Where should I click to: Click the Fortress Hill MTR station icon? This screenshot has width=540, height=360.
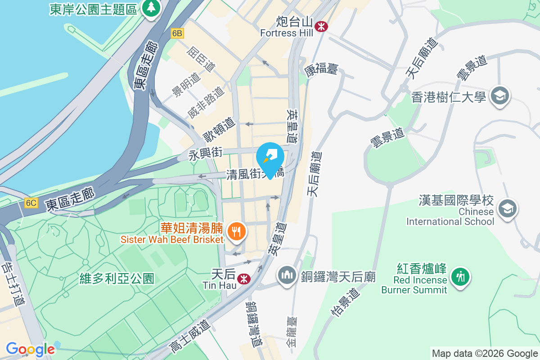coord(321,26)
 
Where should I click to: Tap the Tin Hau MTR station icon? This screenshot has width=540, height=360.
coord(244,279)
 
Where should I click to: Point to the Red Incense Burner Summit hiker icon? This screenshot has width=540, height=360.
coord(460,275)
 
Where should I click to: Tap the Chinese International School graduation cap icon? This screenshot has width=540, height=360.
coord(508,209)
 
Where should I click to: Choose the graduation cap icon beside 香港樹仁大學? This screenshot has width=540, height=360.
coord(499,96)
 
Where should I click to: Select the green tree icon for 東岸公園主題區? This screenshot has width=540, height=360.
coord(151,8)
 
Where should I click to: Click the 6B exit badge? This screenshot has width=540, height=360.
coord(177,33)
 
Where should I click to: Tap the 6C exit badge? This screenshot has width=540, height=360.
coord(31,203)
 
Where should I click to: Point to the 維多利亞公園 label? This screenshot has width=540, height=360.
coord(117,279)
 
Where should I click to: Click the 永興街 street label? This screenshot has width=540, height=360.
coord(205,154)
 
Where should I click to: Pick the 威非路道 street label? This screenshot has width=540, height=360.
coord(206,102)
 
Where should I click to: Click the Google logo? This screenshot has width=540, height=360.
coord(30,349)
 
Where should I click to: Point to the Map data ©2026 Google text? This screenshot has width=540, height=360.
coord(485,353)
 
